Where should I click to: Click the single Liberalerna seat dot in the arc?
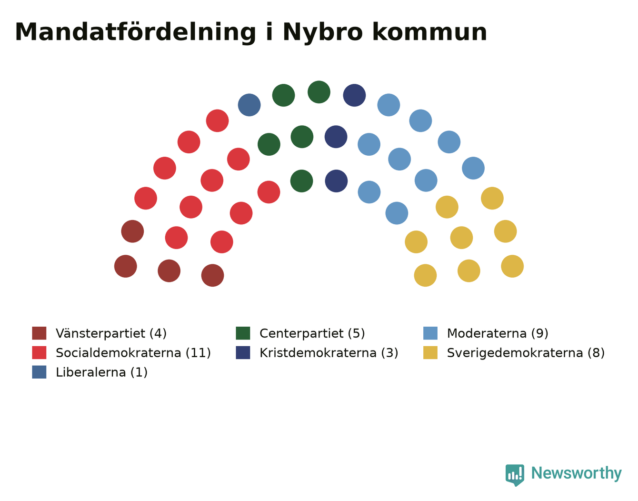click(x=249, y=105)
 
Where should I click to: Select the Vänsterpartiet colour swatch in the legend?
click(x=39, y=333)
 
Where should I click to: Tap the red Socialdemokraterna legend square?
click(x=39, y=352)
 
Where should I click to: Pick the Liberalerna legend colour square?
click(x=39, y=372)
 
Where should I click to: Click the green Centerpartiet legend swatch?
click(x=243, y=333)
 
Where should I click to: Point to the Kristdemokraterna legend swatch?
click(x=243, y=352)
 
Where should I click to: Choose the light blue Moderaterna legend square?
click(x=430, y=333)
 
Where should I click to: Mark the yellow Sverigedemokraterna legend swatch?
click(x=430, y=352)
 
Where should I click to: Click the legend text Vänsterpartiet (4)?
click(x=111, y=333)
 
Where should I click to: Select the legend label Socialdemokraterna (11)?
click(x=133, y=353)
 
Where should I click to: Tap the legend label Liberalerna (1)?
click(x=101, y=372)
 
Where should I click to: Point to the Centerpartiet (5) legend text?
click(x=312, y=333)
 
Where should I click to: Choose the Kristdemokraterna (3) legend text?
click(x=329, y=353)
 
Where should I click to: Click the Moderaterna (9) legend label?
click(x=498, y=333)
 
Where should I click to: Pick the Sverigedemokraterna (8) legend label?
click(x=526, y=353)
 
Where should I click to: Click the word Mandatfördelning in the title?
click(x=135, y=32)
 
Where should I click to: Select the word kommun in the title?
click(x=429, y=32)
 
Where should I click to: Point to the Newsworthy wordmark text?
click(x=577, y=473)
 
